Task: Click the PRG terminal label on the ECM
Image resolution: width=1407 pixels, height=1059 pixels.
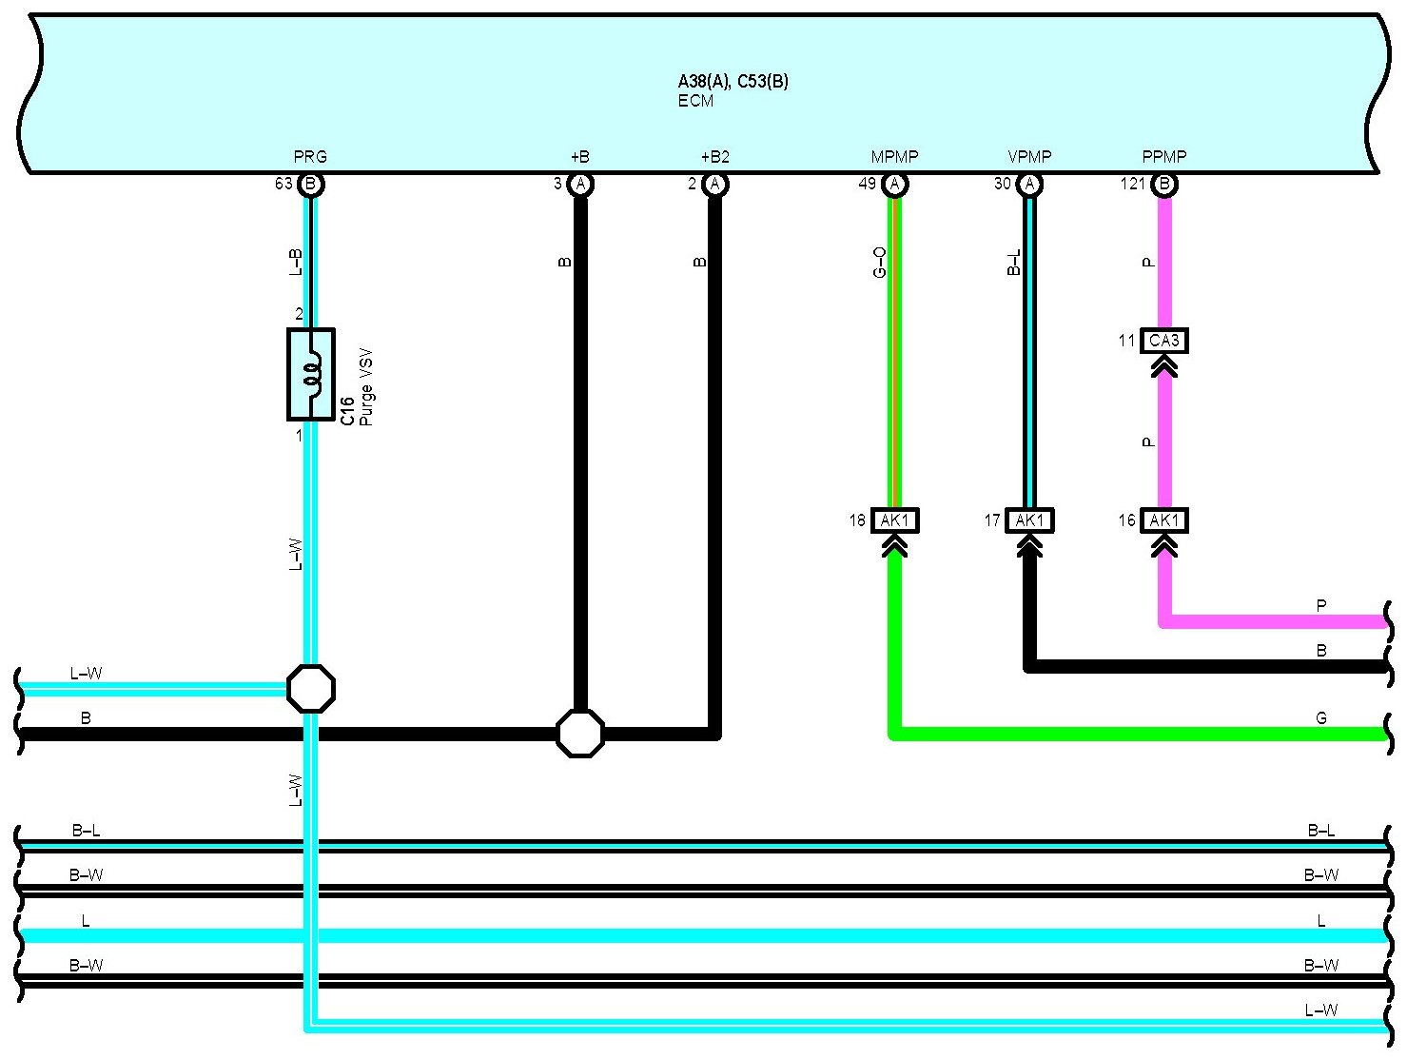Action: pyautogui.click(x=310, y=156)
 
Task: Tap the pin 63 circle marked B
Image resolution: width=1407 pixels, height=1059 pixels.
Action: pyautogui.click(x=311, y=185)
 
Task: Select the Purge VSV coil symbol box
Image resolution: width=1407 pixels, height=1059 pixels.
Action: pyautogui.click(x=311, y=374)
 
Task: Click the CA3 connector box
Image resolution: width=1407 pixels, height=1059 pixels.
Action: pyautogui.click(x=1164, y=341)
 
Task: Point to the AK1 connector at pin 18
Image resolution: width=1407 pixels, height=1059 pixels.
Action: pyautogui.click(x=895, y=520)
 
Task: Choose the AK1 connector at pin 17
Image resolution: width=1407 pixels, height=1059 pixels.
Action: pyautogui.click(x=1029, y=520)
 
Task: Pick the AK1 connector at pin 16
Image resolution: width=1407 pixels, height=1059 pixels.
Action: pyautogui.click(x=1164, y=520)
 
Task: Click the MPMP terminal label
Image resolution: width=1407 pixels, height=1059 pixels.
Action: pyautogui.click(x=895, y=156)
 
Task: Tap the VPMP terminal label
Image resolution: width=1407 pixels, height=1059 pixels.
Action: pyautogui.click(x=1029, y=156)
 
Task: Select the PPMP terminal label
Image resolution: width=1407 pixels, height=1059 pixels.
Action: pyautogui.click(x=1164, y=156)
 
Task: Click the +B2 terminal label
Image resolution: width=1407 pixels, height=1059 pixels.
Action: pyautogui.click(x=715, y=156)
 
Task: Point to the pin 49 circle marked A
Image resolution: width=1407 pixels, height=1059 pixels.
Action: pyautogui.click(x=895, y=185)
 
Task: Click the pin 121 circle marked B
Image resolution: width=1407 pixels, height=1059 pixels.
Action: pyautogui.click(x=1164, y=185)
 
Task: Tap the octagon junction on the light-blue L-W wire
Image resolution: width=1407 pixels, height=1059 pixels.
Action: pyautogui.click(x=311, y=689)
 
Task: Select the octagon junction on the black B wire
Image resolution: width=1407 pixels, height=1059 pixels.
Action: pyautogui.click(x=580, y=734)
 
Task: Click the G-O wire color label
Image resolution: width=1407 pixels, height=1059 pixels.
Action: pyautogui.click(x=879, y=263)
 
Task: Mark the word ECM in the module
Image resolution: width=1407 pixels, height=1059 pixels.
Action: pyautogui.click(x=695, y=101)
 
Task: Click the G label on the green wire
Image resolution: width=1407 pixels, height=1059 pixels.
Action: pyautogui.click(x=1321, y=718)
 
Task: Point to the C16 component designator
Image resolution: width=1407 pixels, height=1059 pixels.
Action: pyautogui.click(x=347, y=411)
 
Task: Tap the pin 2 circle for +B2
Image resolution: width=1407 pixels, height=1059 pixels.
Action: pyautogui.click(x=715, y=185)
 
